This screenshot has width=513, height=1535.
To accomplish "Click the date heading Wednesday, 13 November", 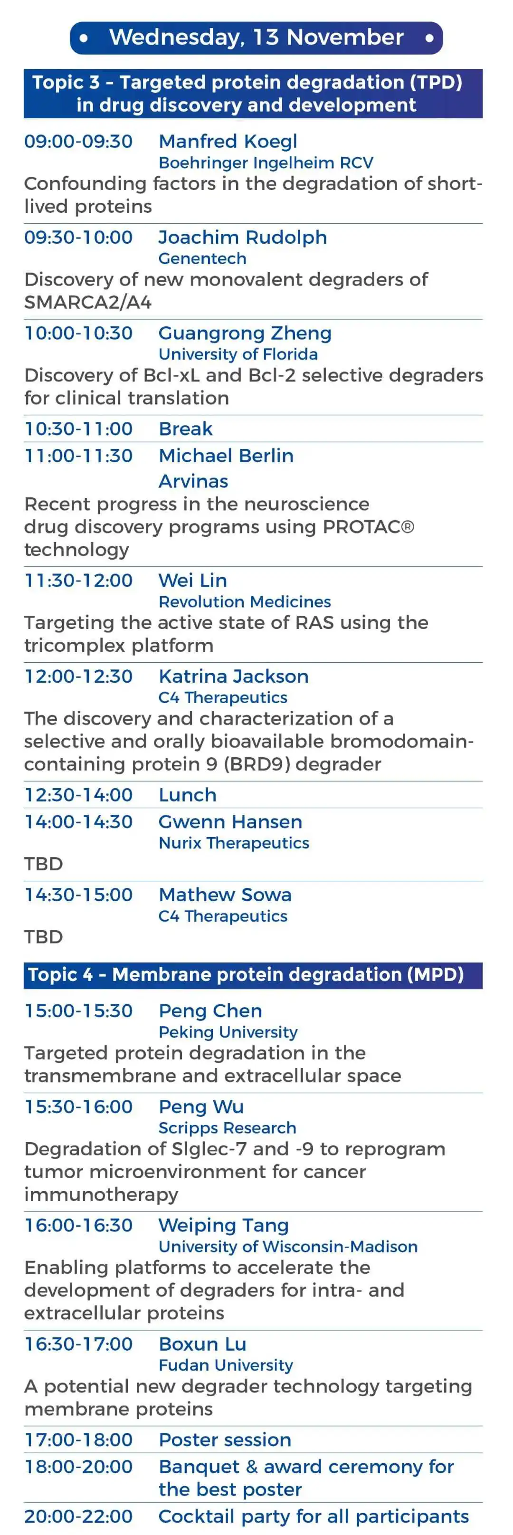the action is pos(256,38).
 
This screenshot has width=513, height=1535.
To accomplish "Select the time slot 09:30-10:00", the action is pos(78,237).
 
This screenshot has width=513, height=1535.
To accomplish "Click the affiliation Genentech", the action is pos(202,258).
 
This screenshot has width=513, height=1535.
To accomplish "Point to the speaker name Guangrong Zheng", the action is pos(245,333).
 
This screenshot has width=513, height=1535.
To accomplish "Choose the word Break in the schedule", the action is pos(185,429).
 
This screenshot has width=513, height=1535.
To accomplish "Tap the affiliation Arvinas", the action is pos(193,481).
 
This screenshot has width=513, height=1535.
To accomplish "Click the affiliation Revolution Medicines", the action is pos(244,602).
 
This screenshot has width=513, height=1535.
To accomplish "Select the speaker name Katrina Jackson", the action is pos(234,677).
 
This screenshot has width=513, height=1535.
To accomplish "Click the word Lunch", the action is pos(187,795).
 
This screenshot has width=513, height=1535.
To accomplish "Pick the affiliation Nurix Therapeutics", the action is pos(234,843).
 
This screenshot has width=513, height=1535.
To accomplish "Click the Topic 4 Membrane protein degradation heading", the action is pos(246,974).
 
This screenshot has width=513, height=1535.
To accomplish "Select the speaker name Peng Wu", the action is pos(201,1106).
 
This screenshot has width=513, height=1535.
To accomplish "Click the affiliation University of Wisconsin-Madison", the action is pos(288,1247).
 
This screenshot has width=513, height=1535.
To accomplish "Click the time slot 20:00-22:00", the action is pos(78,1516).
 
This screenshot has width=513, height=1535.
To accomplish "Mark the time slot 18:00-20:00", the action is pos(78,1467).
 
